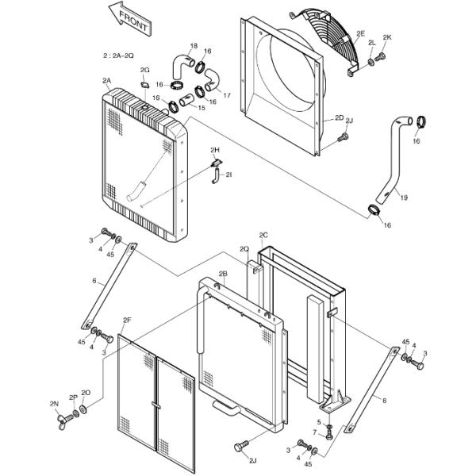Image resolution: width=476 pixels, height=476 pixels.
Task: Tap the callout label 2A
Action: click(x=106, y=81)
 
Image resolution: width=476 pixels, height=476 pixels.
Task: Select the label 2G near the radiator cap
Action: click(x=144, y=71)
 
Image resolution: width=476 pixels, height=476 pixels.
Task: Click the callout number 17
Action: click(x=226, y=95)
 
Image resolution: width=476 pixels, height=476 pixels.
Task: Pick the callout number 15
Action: click(x=201, y=108)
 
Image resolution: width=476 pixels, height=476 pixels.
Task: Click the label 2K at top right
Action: click(x=387, y=37)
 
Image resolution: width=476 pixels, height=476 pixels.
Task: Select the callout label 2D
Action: click(x=339, y=117)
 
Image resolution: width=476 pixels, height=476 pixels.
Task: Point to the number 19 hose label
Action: click(x=403, y=198)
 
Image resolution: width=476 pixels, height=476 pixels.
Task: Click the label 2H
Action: click(x=214, y=149)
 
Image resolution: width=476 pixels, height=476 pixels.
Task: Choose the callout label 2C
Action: click(x=263, y=235)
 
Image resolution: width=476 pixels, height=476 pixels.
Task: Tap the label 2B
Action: click(x=223, y=273)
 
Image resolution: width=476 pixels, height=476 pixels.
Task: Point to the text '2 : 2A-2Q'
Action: click(x=118, y=57)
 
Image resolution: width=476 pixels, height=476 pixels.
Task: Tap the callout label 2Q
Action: click(x=244, y=249)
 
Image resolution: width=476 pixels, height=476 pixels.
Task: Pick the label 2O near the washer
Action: click(x=86, y=393)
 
